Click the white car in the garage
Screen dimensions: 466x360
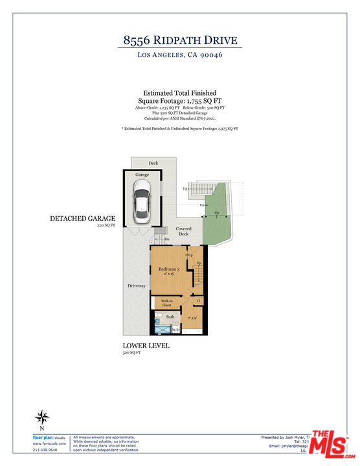click(x=141, y=200)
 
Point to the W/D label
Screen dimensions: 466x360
click(x=175, y=329)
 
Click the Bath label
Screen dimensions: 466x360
click(x=170, y=316)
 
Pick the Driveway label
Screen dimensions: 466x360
click(x=137, y=285)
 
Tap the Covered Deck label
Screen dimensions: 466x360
click(x=184, y=231)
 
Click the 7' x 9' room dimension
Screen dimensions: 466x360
click(x=193, y=318)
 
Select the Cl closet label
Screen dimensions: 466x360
click(x=198, y=301)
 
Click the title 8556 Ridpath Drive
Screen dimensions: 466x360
click(x=179, y=40)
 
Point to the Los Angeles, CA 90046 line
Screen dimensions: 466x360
click(x=179, y=56)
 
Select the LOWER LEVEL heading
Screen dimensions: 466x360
click(x=146, y=346)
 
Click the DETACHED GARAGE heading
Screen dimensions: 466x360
click(x=82, y=219)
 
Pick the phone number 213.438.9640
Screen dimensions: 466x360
click(x=45, y=449)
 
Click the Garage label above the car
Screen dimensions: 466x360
click(x=142, y=175)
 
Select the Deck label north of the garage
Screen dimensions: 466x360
click(x=153, y=163)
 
